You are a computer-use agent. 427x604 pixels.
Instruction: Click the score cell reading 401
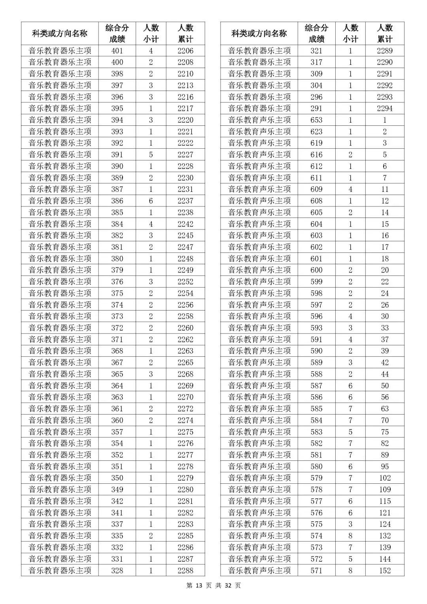(x=117, y=51)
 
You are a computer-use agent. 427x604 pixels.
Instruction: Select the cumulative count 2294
(x=385, y=108)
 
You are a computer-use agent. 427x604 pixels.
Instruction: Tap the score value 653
(x=316, y=120)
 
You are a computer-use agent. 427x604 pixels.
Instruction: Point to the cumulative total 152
(x=385, y=570)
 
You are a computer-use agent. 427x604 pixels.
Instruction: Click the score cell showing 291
(x=316, y=108)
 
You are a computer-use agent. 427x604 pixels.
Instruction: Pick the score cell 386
(x=117, y=201)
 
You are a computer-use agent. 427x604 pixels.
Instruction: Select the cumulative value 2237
(x=185, y=201)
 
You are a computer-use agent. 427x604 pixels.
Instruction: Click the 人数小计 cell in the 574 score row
(x=350, y=536)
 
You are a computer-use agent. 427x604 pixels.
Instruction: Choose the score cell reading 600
(x=316, y=270)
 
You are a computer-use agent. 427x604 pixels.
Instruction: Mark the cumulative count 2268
(x=185, y=374)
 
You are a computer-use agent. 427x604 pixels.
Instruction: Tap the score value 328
(x=117, y=570)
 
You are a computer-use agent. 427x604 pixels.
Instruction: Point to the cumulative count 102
(x=385, y=478)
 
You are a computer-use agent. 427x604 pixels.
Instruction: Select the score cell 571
(x=316, y=570)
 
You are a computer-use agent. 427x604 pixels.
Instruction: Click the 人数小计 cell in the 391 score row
(x=151, y=155)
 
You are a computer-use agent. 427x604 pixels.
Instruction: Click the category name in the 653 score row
(x=259, y=120)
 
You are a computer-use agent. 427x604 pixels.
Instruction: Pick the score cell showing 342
(x=117, y=501)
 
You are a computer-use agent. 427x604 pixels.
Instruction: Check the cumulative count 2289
(x=385, y=51)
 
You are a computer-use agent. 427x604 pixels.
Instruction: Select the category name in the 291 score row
(x=259, y=108)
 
